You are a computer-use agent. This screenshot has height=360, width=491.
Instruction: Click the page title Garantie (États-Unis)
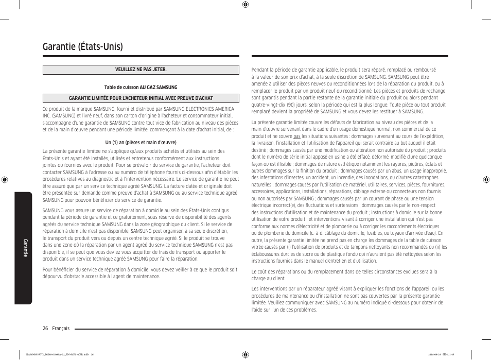point(83,46)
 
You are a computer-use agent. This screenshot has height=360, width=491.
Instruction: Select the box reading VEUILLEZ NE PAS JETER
point(141,70)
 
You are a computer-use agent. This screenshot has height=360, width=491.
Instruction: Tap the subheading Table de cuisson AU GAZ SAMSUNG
point(141,88)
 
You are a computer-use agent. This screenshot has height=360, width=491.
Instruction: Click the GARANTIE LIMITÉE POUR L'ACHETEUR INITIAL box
point(141,98)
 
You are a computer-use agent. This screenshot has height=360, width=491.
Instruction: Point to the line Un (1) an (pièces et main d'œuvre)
point(141,143)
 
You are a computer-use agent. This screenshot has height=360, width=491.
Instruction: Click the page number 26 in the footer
point(46,328)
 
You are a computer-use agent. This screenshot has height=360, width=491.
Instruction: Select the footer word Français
point(61,328)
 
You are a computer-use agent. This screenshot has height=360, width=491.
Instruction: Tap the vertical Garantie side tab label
point(25,248)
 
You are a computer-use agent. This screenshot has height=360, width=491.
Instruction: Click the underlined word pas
point(297,136)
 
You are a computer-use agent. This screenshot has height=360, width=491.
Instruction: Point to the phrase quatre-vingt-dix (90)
point(275,105)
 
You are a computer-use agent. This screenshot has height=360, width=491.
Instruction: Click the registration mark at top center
point(246,5)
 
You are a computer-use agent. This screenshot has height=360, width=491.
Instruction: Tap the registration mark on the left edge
point(5,180)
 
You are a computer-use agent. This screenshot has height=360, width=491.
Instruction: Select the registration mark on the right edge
point(486,180)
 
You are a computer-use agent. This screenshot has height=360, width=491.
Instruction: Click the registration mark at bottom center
point(246,355)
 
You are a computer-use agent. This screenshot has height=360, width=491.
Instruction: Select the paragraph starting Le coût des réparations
point(344,275)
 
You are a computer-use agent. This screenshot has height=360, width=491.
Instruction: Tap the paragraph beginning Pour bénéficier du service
point(140,273)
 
